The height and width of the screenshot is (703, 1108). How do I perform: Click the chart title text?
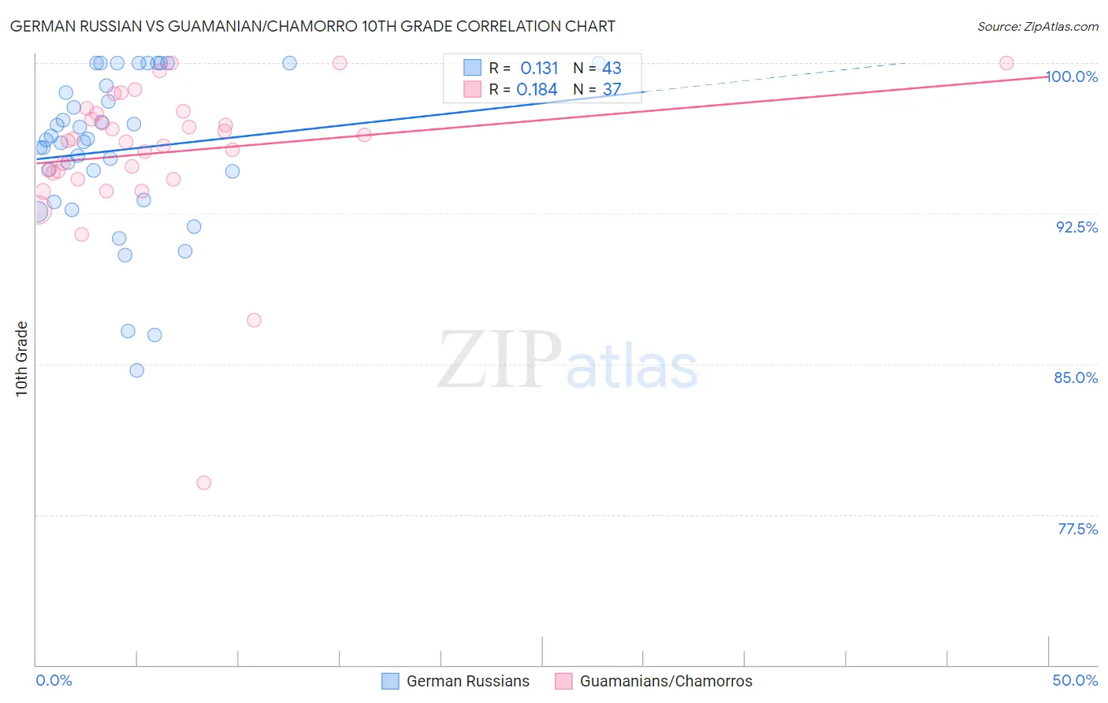[312, 26]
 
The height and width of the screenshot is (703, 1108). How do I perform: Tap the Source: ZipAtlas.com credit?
[1037, 26]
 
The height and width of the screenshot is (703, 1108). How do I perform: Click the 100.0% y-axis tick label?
[1072, 76]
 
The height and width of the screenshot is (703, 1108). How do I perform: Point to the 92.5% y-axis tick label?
[1076, 227]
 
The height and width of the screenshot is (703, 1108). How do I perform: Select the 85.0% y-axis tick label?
[1076, 378]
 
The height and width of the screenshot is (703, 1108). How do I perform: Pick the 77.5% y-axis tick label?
[1077, 529]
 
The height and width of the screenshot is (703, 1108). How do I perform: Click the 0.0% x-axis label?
[54, 680]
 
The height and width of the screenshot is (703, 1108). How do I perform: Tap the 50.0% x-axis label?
[1075, 680]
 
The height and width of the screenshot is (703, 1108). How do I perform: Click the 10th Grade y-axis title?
[22, 359]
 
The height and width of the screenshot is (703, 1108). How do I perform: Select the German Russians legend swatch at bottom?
[390, 681]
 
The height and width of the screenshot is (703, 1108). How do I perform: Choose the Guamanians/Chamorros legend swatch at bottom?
[563, 681]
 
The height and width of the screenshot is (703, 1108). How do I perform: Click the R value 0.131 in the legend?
[539, 69]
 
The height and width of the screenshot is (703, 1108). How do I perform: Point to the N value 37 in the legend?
[612, 89]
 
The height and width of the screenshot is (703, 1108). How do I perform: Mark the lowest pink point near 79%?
[204, 482]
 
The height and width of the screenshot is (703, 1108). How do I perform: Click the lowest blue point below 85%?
[137, 370]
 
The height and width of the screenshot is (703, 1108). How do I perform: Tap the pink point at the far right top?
[1006, 63]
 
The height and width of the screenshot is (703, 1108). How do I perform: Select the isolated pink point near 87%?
[254, 320]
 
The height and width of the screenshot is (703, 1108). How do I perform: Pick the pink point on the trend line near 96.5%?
[364, 135]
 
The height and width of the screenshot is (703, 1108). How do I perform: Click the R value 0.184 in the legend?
[537, 89]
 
